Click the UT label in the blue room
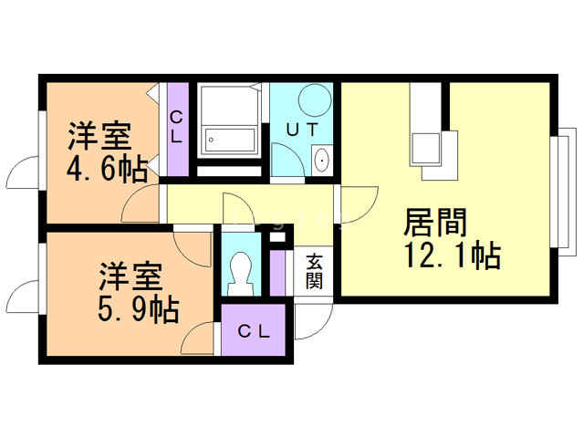coord(303,130)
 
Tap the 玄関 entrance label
coord(313,270)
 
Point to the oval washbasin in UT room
coord(322,161)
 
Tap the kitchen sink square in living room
coord(425,146)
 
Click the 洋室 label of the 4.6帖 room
coord(99,137)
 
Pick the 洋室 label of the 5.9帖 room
coord(130,275)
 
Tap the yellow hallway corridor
coord(246,205)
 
